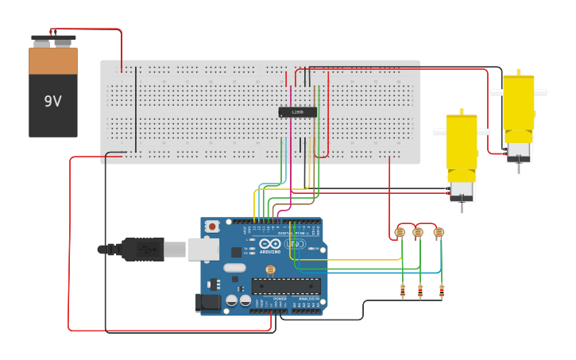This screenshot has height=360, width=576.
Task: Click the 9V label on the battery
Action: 52,102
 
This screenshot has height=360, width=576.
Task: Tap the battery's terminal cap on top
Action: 53,40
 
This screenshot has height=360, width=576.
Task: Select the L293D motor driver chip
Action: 297,112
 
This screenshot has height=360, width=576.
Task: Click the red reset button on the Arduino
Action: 212,226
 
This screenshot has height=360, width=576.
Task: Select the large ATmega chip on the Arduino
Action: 286,286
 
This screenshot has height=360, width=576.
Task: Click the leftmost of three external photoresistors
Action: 400,232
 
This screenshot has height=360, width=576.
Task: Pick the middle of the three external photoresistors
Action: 418,232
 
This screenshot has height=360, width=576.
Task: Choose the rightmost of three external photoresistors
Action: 439,232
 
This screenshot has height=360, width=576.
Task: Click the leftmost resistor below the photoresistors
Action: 402,290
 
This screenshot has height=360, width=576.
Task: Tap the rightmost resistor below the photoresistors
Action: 442,290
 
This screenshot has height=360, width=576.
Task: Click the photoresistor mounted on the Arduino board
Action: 269,270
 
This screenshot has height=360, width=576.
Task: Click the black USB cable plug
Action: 143,250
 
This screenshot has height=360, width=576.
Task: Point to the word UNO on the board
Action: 295,244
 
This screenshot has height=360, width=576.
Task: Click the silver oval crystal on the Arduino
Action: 234,268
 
